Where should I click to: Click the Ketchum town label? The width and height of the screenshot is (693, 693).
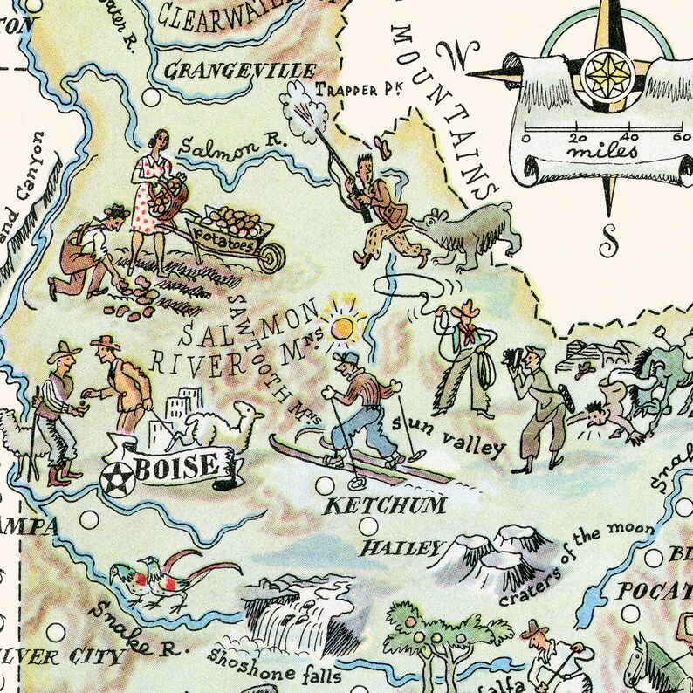[x=386, y=505]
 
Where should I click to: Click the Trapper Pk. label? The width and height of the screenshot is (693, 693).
[x=357, y=88]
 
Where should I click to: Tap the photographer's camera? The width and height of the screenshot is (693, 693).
[x=511, y=358]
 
